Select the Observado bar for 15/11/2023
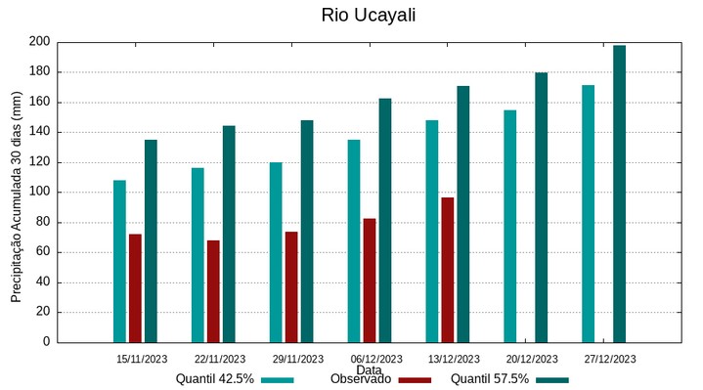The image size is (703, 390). coord(135,288)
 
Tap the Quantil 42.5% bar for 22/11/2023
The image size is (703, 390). coord(198,255)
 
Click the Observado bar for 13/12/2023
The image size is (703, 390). coord(448,270)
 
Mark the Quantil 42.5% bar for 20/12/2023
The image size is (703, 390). coord(510,226)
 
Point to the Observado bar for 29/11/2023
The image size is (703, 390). coord(291,286)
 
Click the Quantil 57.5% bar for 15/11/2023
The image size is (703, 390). coord(151,240)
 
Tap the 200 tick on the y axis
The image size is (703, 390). coord(39,42)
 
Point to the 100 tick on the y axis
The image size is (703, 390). coord(39,193)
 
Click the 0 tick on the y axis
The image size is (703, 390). coord(46,342)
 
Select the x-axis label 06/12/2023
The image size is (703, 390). coord(375,359)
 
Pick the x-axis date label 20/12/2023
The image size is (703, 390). coord(532,359)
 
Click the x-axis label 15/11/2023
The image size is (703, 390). coord(141,359)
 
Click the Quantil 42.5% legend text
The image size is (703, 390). coord(215,379)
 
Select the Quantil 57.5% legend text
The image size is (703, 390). coord(490,379)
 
